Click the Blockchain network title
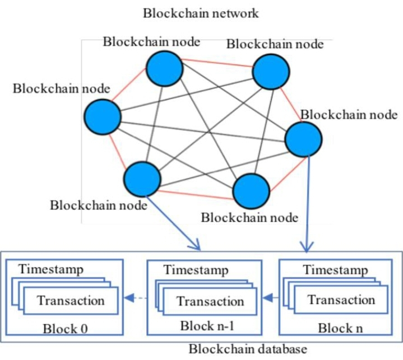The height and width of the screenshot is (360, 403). (201, 13)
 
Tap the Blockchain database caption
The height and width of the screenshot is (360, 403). (248, 349)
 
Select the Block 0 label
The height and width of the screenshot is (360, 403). (65, 329)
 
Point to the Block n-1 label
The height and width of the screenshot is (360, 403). (207, 326)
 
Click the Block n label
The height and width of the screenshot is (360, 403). (340, 328)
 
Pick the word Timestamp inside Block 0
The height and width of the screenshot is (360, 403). (51, 269)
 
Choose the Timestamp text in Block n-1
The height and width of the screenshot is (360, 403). (196, 270)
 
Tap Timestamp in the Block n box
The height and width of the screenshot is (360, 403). (335, 270)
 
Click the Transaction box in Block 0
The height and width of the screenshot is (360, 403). (71, 301)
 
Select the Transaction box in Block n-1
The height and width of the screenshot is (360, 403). (210, 301)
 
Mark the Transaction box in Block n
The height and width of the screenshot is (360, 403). (341, 300)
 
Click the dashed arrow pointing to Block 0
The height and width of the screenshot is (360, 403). (136, 298)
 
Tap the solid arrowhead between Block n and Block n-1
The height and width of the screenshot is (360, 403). (268, 298)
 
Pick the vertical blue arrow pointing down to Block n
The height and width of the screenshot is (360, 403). (307, 204)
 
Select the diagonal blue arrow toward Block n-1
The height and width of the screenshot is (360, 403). (173, 223)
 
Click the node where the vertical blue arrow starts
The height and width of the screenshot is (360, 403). (303, 139)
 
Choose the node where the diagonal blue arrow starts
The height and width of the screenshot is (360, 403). (142, 179)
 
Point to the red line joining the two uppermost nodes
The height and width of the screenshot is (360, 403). (217, 63)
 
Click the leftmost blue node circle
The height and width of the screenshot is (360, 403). (103, 117)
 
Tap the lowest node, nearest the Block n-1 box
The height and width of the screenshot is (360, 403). (251, 191)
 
